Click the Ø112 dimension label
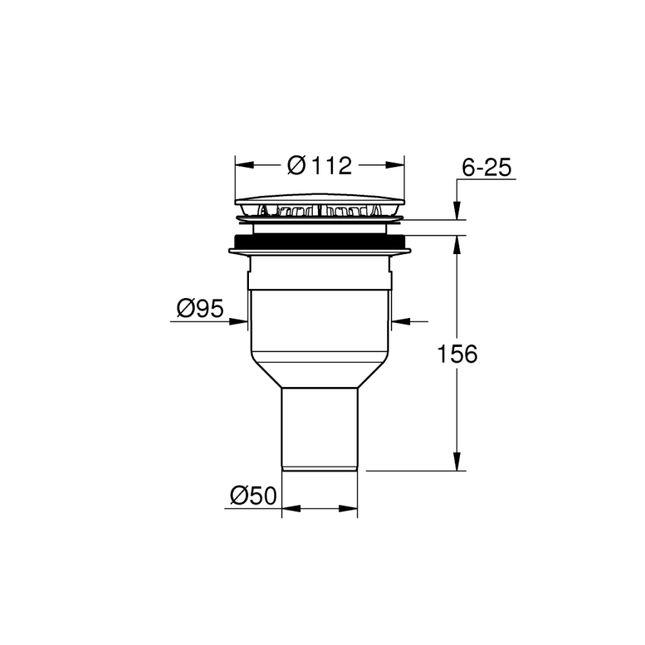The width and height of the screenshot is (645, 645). pos(319,165)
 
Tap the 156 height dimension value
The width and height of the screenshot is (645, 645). pos(456,354)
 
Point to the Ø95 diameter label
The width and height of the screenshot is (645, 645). pos(200,308)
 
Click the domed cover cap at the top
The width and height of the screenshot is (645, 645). pos(320,201)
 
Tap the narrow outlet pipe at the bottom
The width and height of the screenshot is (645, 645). pos(320,427)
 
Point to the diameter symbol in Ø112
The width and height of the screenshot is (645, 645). pos(295,165)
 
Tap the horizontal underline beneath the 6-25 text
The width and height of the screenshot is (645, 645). pos(486,180)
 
